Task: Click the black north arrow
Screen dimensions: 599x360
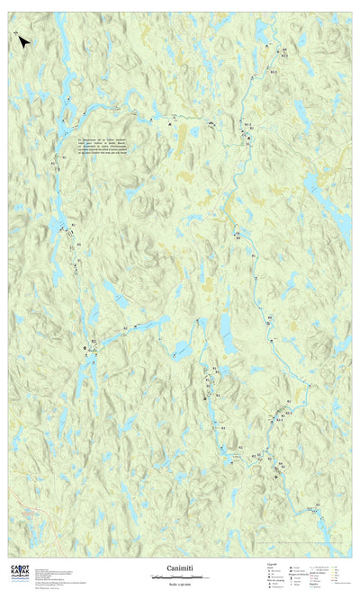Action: [24, 41]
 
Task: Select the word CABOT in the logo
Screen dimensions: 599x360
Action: [19, 568]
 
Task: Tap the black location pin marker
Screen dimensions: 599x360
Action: [85, 347]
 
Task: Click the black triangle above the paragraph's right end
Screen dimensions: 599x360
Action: [167, 126]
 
